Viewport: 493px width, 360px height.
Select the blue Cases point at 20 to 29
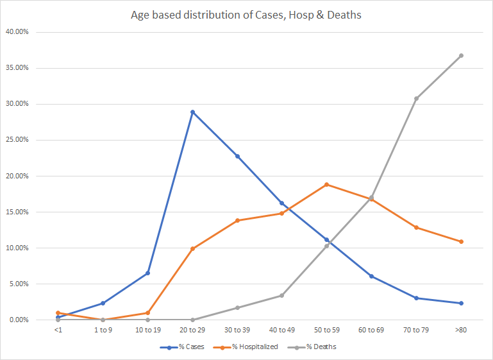tap(192, 112)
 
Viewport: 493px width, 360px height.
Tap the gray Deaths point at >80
tap(461, 55)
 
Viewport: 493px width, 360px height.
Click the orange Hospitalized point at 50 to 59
tap(327, 184)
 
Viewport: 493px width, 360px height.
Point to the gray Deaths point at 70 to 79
tap(416, 98)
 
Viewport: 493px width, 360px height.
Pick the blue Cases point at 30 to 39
tap(237, 156)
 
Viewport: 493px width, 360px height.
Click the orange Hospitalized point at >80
tap(461, 241)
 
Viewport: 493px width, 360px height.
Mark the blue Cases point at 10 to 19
tap(147, 273)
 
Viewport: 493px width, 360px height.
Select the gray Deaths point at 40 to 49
tap(282, 295)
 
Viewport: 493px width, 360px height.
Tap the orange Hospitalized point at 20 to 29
tap(192, 248)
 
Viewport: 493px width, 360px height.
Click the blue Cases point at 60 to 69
tap(371, 276)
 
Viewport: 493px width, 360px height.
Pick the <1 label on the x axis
tap(58, 330)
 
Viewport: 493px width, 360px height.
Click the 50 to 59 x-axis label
tap(327, 330)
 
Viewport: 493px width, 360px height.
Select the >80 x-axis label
tap(461, 330)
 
